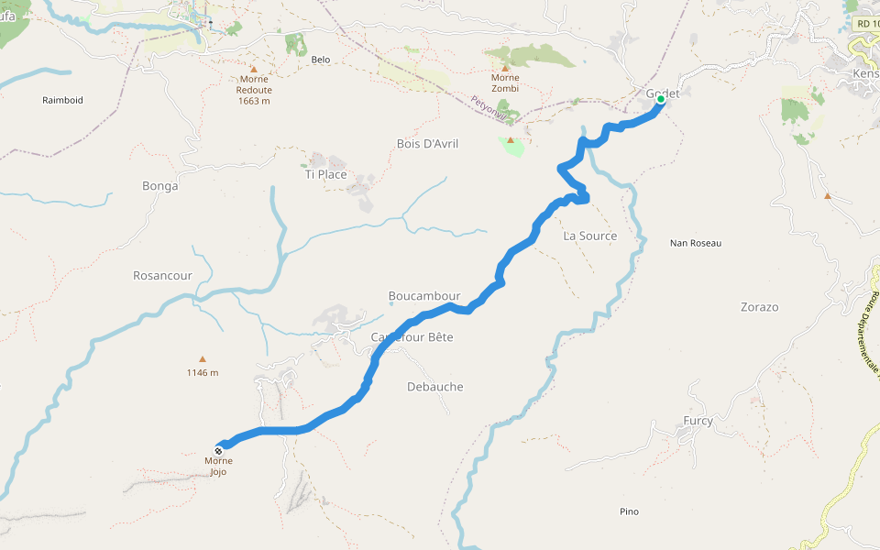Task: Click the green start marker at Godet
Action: (x=660, y=100)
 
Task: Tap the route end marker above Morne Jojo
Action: (x=218, y=450)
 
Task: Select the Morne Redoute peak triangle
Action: (x=254, y=70)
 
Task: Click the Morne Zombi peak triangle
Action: (x=504, y=67)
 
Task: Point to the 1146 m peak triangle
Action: (x=203, y=359)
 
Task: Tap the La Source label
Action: (x=589, y=236)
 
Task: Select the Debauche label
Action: (x=434, y=387)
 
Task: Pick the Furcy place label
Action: (x=698, y=421)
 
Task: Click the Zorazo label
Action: (x=759, y=307)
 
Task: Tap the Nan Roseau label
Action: (x=696, y=243)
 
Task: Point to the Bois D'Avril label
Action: (x=427, y=144)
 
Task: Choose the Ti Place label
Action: (x=325, y=174)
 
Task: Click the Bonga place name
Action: (x=159, y=186)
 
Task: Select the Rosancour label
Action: (x=162, y=275)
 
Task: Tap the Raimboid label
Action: (x=62, y=100)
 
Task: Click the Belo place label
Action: (x=320, y=60)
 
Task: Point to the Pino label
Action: (x=629, y=511)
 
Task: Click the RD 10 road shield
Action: (x=865, y=23)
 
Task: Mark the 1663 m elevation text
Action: (x=254, y=101)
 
